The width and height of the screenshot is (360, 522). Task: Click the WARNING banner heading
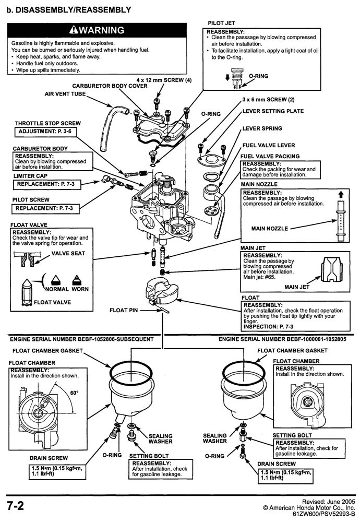(98, 29)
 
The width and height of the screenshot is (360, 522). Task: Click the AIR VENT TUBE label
(64, 94)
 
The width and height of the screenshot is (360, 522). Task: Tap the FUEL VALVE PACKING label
(269, 156)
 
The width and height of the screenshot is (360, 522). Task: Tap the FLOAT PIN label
(123, 310)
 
